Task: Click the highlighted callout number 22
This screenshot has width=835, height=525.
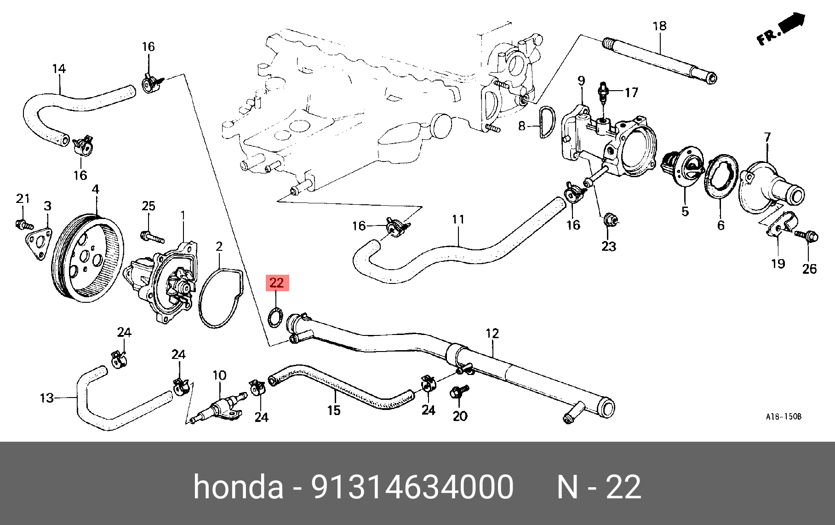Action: pyautogui.click(x=277, y=283)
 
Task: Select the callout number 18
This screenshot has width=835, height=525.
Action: pyautogui.click(x=659, y=26)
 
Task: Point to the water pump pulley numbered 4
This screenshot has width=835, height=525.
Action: pyautogui.click(x=88, y=258)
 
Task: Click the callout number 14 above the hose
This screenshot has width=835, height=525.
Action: pyautogui.click(x=59, y=69)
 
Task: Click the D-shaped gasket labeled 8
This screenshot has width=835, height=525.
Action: pyautogui.click(x=547, y=122)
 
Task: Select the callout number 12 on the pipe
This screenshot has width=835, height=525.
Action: pyautogui.click(x=492, y=333)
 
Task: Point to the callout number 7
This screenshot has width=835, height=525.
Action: pyautogui.click(x=767, y=137)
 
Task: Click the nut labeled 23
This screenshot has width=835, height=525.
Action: pyautogui.click(x=610, y=220)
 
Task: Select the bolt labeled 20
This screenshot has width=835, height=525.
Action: pyautogui.click(x=458, y=392)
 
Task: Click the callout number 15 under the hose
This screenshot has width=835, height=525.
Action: pyautogui.click(x=334, y=410)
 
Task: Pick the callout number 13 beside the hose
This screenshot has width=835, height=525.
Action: pyautogui.click(x=47, y=398)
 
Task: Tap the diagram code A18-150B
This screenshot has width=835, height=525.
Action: pyautogui.click(x=784, y=416)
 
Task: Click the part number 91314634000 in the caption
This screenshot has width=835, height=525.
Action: pyautogui.click(x=412, y=487)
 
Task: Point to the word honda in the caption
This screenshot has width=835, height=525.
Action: pyautogui.click(x=238, y=487)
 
